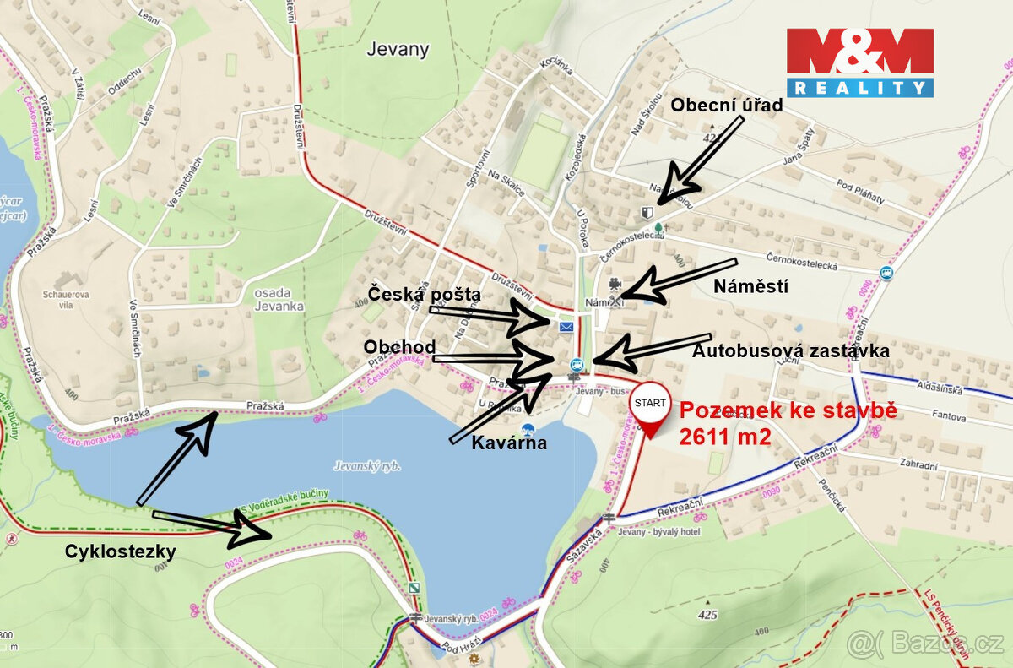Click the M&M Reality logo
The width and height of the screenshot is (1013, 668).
(860, 62)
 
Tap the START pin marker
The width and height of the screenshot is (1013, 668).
(650, 403)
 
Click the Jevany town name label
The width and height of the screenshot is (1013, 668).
(398, 49)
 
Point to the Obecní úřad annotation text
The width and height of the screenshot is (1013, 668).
(727, 106)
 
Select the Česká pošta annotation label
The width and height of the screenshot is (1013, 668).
(424, 294)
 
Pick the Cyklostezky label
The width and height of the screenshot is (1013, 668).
(121, 551)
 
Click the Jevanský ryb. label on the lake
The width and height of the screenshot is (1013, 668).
(367, 466)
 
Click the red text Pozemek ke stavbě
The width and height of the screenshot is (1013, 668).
(788, 411)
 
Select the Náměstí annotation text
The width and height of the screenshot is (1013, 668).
(750, 286)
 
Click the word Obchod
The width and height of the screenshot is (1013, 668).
(399, 347)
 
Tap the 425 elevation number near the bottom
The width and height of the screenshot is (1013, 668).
(707, 615)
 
